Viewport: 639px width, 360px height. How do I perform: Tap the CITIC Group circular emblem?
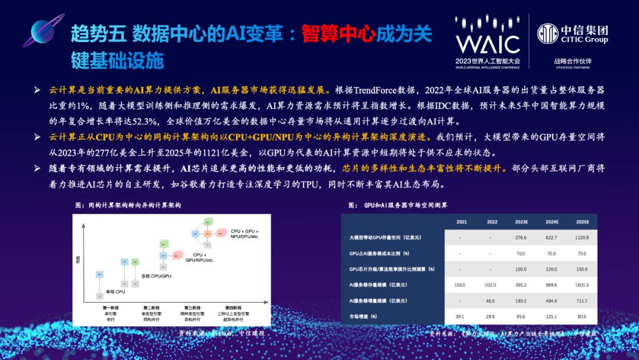(x=548, y=33)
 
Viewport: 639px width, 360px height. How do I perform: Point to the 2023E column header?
(x=521, y=222)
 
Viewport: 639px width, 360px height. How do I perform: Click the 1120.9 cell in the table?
(x=582, y=237)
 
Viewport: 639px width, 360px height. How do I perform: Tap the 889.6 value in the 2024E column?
(x=552, y=285)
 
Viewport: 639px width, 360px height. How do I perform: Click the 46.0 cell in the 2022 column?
(x=490, y=301)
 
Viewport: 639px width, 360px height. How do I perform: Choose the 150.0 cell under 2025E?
(x=582, y=269)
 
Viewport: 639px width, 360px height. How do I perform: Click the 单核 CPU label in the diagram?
(x=116, y=291)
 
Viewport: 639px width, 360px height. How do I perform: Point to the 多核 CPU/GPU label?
(x=156, y=276)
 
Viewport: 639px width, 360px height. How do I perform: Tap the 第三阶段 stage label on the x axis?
(x=195, y=308)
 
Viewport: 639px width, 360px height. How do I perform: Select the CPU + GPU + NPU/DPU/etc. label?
(x=245, y=233)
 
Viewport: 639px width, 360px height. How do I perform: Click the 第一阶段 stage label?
(x=111, y=308)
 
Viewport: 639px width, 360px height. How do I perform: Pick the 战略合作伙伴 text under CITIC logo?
(x=573, y=60)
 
